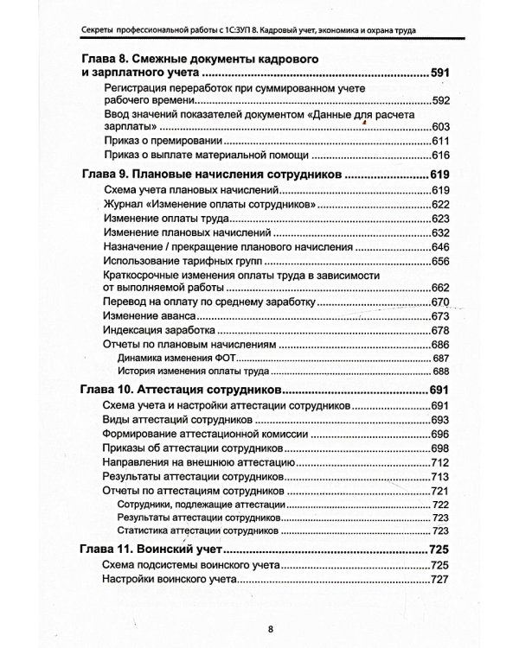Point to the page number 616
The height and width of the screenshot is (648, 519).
pos(443,156)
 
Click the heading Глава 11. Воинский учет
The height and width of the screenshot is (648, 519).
pos(152,549)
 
